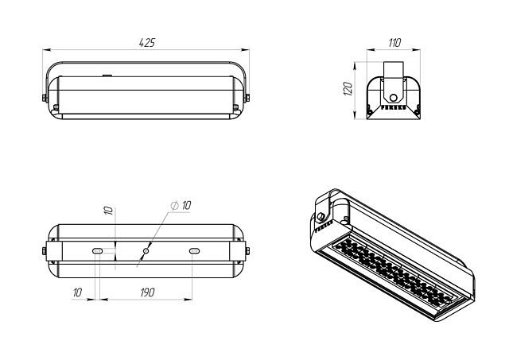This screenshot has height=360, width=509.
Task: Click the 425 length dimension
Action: coord(147,43)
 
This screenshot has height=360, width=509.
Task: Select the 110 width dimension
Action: coord(394,42)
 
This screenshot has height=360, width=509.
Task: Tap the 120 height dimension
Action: coord(348,89)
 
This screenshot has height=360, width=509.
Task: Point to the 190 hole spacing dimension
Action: coord(147,292)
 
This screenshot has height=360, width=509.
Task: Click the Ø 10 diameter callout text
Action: coord(181,205)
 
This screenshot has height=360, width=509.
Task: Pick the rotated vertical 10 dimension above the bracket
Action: coord(108,210)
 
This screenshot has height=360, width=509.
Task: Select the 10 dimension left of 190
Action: coord(77,292)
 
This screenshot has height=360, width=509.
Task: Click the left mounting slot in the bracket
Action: coord(98,251)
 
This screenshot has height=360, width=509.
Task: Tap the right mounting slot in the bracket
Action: coord(194,251)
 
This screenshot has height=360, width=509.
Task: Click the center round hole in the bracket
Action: coord(146,250)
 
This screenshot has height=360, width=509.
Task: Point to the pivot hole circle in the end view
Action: coord(394,98)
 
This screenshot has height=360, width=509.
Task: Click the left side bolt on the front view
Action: coord(45,98)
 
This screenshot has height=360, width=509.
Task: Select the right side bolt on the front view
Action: coord(247,98)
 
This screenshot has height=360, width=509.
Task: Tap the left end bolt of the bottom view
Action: coord(45,251)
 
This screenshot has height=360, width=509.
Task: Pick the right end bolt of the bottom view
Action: coord(247,251)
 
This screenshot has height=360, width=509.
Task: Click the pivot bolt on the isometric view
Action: coord(321,216)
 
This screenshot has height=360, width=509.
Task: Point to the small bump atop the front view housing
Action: coord(107,75)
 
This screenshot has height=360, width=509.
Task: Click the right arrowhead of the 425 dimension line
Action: coord(245,50)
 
